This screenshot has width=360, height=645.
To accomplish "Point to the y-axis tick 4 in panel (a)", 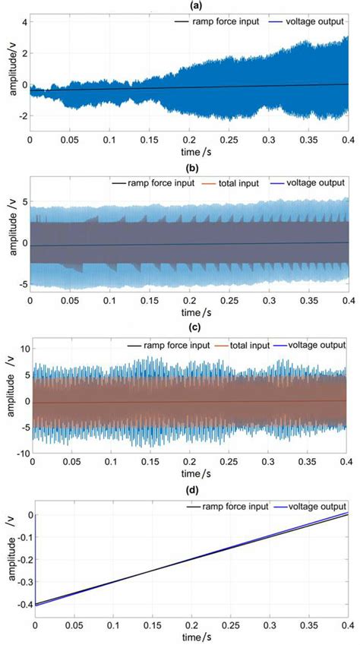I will [23, 22].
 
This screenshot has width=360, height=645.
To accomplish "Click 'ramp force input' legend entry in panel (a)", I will [211, 23].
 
